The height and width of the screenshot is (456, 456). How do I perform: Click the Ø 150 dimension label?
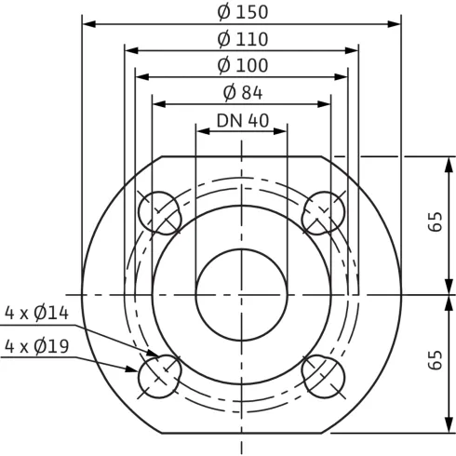point(242,12)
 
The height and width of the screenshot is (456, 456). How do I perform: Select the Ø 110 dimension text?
point(242,39)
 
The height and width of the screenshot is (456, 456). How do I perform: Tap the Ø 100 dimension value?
point(242,65)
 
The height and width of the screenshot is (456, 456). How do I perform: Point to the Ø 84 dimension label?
point(242,92)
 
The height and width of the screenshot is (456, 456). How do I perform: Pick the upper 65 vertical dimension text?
point(436,222)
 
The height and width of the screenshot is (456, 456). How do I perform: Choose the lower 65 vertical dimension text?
point(436,361)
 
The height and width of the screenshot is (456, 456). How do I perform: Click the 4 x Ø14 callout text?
point(37,314)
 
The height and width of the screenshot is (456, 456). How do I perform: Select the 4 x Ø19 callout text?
point(37,346)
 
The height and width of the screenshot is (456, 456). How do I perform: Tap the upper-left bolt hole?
point(159,212)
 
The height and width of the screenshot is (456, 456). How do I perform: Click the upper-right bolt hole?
point(325,212)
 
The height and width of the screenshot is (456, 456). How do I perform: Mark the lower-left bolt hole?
point(159,377)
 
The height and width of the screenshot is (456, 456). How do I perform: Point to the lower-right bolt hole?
point(325,377)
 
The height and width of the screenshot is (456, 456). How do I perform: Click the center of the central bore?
point(242,294)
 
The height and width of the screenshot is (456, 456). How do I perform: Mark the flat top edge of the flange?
point(242,156)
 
